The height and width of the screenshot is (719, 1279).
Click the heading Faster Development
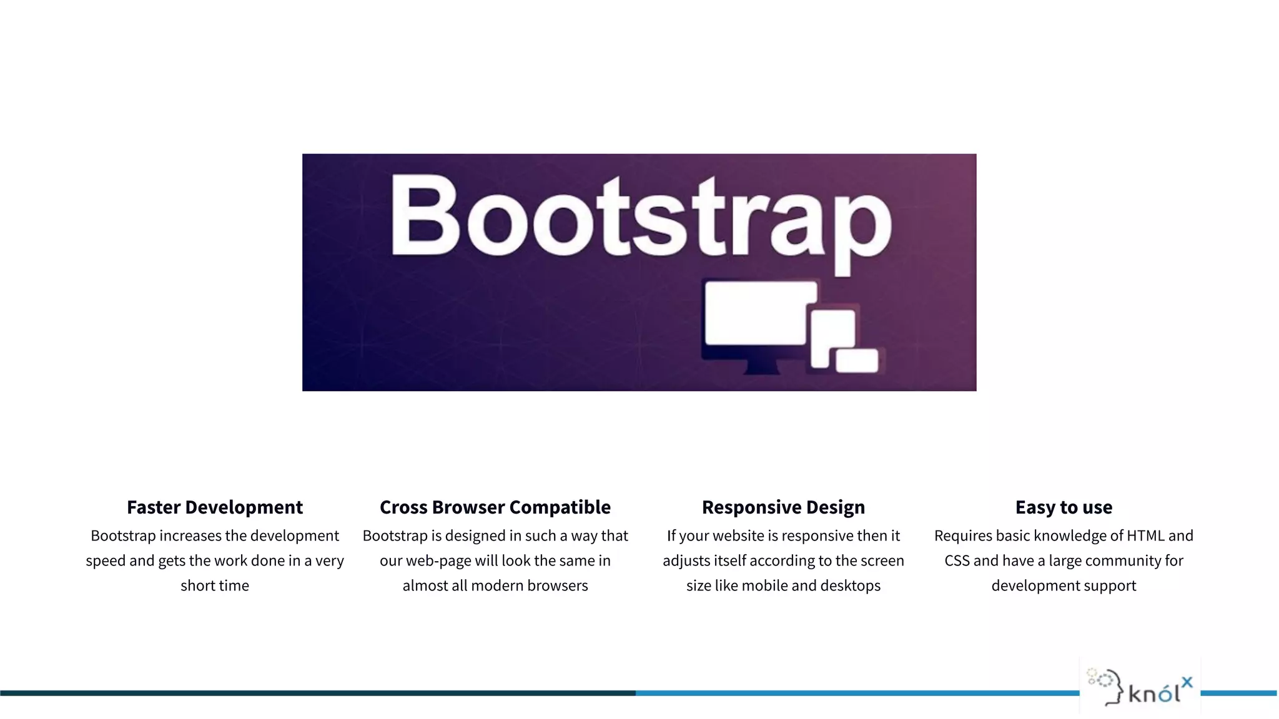[215, 507]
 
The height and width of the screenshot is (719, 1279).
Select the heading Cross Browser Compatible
[495, 507]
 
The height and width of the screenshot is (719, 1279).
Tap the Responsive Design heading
[783, 507]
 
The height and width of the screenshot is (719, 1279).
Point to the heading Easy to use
[1064, 507]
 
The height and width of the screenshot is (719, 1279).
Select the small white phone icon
[857, 361]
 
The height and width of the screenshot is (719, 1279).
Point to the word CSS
[957, 561]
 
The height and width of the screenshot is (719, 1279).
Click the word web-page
[438, 561]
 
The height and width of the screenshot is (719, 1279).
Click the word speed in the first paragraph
[106, 561]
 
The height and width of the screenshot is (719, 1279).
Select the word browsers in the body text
[558, 586]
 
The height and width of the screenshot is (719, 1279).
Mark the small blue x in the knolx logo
[1187, 682]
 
